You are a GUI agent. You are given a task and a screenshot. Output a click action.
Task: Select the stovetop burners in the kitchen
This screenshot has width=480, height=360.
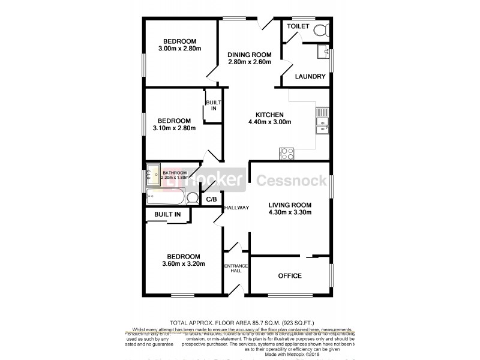pos(286,154)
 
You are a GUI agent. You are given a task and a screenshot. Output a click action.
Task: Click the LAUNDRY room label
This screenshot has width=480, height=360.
pos(311,77)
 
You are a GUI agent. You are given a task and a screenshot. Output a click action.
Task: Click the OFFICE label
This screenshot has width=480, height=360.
pos(290,276)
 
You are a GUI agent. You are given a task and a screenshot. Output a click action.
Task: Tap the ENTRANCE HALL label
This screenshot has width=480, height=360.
pos(233,269)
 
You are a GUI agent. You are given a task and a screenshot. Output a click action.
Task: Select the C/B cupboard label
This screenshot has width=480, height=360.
pos(211,199)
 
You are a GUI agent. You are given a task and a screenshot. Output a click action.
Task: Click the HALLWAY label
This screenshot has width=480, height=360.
pos(236,208)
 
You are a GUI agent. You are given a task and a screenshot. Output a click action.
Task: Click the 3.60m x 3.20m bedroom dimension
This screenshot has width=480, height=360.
pos(184,263)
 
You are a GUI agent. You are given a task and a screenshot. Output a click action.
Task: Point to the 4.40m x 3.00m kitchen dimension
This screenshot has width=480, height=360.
pos(269,122)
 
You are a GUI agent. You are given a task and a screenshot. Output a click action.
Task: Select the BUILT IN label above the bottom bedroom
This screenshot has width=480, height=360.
pos(167,214)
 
